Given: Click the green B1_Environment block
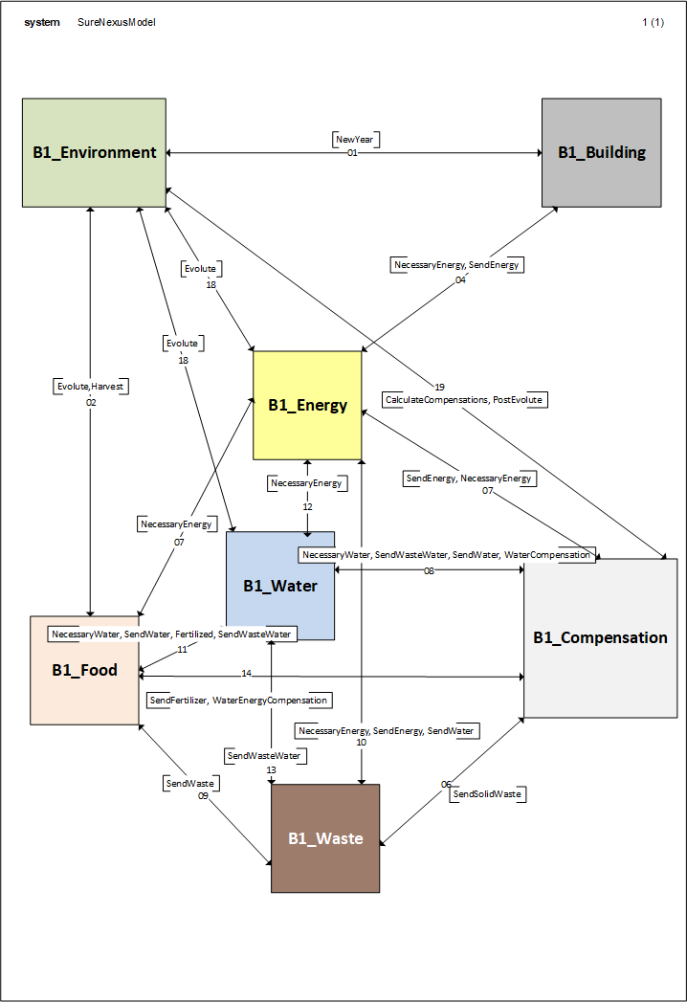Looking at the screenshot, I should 94,152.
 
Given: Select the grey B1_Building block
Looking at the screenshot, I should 601,152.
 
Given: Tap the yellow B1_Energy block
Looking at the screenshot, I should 307,405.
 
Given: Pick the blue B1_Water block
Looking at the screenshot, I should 279,586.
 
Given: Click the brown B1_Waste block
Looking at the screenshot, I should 325,838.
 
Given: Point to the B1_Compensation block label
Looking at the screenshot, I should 600,637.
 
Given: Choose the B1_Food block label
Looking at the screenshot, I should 84,670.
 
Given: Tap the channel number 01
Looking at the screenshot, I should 352,153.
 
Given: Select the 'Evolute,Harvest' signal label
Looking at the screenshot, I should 91,387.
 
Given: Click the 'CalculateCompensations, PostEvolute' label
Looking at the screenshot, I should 465,399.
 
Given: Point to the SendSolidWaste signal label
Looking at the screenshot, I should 488,794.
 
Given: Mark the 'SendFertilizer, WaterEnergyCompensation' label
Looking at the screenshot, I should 239,701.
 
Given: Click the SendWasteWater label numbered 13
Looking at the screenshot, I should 265,756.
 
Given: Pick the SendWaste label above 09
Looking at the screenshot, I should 190,783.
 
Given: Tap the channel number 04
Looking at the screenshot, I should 460,279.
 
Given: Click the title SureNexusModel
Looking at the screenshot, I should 117,22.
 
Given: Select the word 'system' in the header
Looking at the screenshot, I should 41,22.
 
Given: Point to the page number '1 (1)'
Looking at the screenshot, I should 653,22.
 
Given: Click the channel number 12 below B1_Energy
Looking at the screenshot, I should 307,506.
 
